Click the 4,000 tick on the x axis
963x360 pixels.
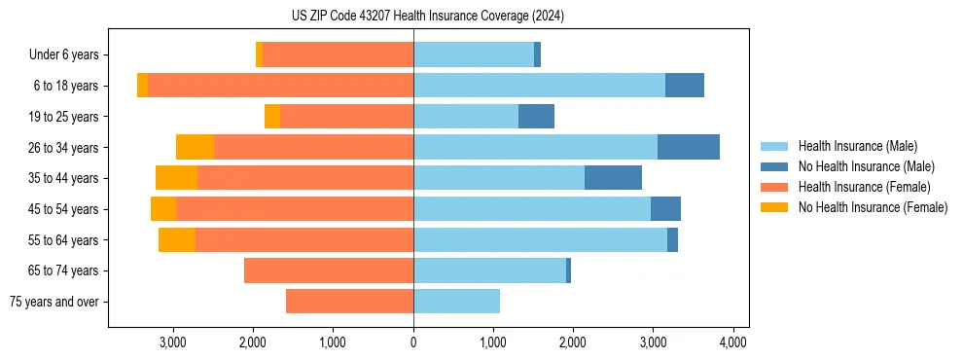pos(732,342)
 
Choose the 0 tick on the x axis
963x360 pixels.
pos(413,342)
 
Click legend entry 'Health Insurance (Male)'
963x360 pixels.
pos(857,146)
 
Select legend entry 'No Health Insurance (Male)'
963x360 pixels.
pos(866,166)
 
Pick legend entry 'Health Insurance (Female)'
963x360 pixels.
pos(864,187)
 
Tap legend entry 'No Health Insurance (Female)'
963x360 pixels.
pos(873,207)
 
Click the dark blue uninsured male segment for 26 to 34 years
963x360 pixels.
pos(689,147)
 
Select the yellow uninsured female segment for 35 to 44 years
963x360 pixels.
pos(176,178)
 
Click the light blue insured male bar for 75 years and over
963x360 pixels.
pos(456,302)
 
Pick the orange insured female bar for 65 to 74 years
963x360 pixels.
pos(329,270)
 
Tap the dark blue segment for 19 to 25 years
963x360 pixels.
pos(536,117)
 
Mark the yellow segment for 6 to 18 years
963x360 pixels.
pos(142,86)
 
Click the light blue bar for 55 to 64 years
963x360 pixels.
pos(540,239)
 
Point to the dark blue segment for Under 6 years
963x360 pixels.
pos(537,54)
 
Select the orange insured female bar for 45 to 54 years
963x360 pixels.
pos(295,209)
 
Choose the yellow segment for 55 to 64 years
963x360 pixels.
pos(177,239)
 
